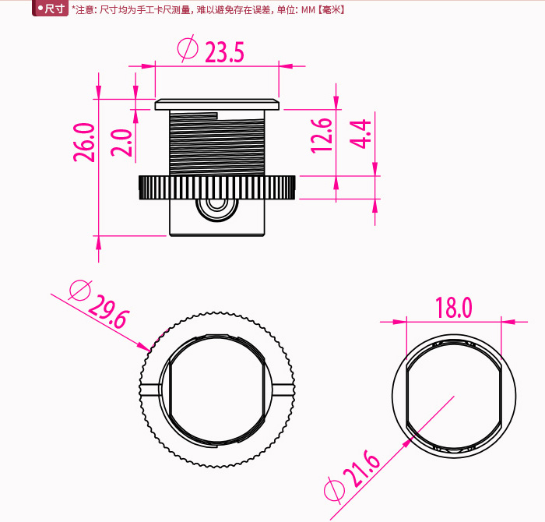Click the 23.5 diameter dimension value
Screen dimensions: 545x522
pyautogui.click(x=224, y=52)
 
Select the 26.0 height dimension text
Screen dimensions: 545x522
pyautogui.click(x=84, y=143)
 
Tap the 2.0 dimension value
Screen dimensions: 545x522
pyautogui.click(x=121, y=143)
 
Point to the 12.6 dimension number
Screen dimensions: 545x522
pyautogui.click(x=322, y=136)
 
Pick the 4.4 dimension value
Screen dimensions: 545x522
pyautogui.click(x=360, y=134)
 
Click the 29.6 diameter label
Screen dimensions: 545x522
pyautogui.click(x=109, y=312)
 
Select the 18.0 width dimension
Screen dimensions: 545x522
pyautogui.click(x=454, y=308)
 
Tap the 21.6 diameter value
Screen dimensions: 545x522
pyautogui.click(x=362, y=468)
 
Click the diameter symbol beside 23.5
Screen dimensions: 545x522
pyautogui.click(x=188, y=48)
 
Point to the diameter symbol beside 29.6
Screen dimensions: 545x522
pyautogui.click(x=80, y=290)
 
